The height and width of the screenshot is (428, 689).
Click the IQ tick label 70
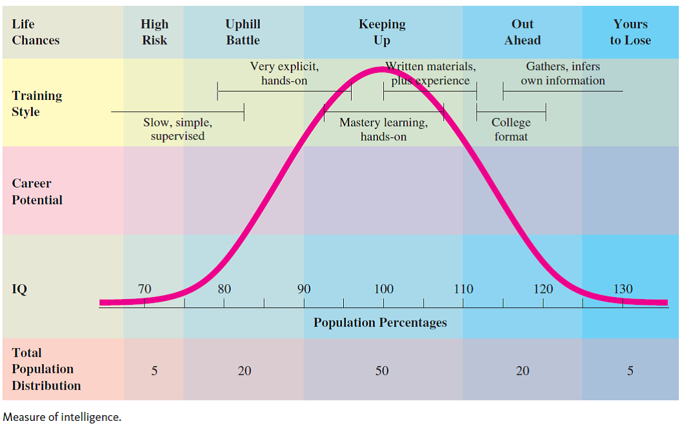coord(145,289)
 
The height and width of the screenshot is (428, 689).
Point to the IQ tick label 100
coord(384,289)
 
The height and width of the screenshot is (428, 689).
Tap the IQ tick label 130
coord(623,289)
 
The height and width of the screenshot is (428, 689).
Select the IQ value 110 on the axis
coord(463,289)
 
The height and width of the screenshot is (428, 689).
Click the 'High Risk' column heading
coord(154,32)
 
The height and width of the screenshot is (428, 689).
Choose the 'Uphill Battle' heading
coord(243,32)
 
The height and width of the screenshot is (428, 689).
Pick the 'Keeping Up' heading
coord(382,32)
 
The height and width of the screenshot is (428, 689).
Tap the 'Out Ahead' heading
coord(523,32)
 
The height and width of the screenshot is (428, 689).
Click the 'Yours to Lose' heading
coord(630,32)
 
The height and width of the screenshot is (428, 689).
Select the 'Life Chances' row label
coord(35,32)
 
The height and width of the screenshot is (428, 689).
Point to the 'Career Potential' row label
coord(37,191)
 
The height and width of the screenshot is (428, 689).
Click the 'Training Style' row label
coord(37,104)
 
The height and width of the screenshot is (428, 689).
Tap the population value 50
coord(382,371)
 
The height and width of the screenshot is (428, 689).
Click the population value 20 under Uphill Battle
coord(245,371)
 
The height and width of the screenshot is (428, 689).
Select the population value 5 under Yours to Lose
coord(630,371)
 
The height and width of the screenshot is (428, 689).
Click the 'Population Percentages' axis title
coord(380,322)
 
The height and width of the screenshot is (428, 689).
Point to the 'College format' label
coord(511,130)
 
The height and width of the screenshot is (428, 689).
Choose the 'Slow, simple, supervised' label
coord(177,130)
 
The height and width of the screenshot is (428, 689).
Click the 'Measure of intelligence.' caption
coord(62,416)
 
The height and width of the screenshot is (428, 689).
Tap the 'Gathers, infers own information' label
coord(563,73)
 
